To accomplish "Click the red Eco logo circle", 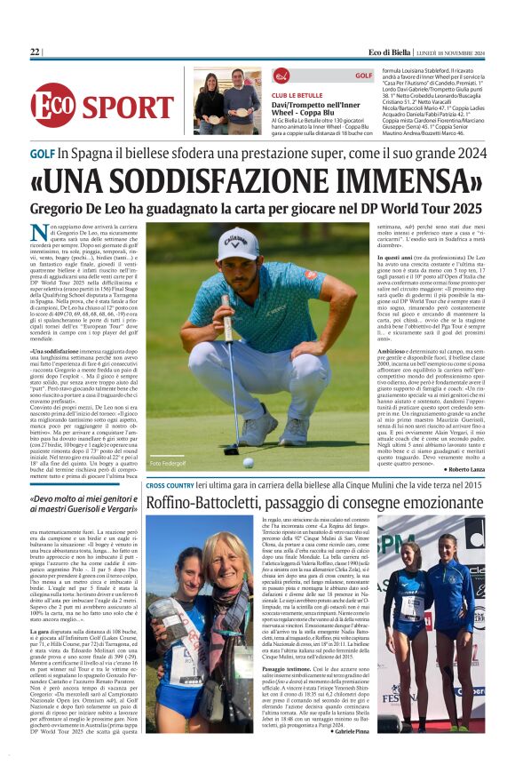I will (53, 106).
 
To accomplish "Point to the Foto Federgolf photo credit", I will (170, 463).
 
